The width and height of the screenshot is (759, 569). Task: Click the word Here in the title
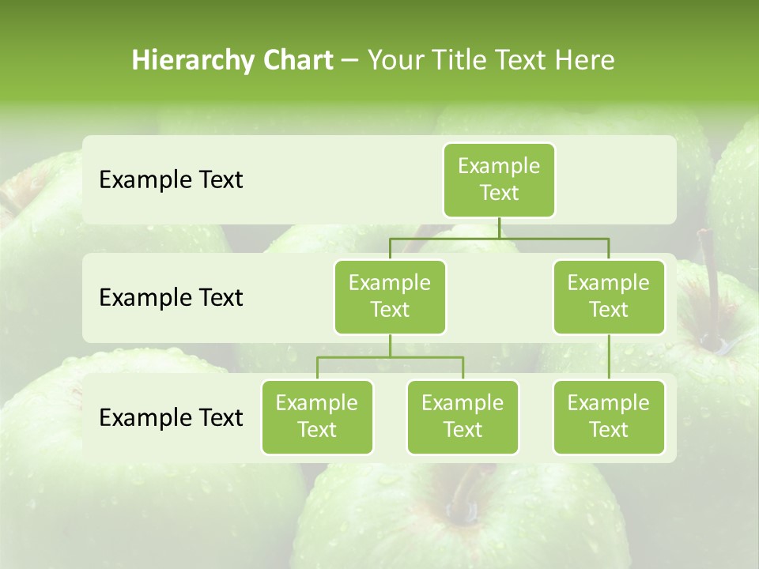tap(585, 61)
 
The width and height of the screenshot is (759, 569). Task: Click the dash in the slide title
tap(350, 61)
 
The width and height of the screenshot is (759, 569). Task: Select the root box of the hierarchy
tap(499, 180)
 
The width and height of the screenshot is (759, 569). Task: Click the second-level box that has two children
tap(390, 297)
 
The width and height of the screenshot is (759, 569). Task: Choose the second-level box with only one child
tap(609, 297)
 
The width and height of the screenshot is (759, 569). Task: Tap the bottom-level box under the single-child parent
tap(609, 417)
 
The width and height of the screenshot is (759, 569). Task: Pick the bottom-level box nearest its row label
tap(317, 417)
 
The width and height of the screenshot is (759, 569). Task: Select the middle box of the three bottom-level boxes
tap(463, 417)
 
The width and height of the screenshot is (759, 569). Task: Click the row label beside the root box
tap(171, 180)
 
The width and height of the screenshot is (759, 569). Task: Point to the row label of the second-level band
tap(171, 298)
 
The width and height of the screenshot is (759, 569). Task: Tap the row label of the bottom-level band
tap(171, 417)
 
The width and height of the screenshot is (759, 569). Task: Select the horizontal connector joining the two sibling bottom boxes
tap(390, 357)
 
